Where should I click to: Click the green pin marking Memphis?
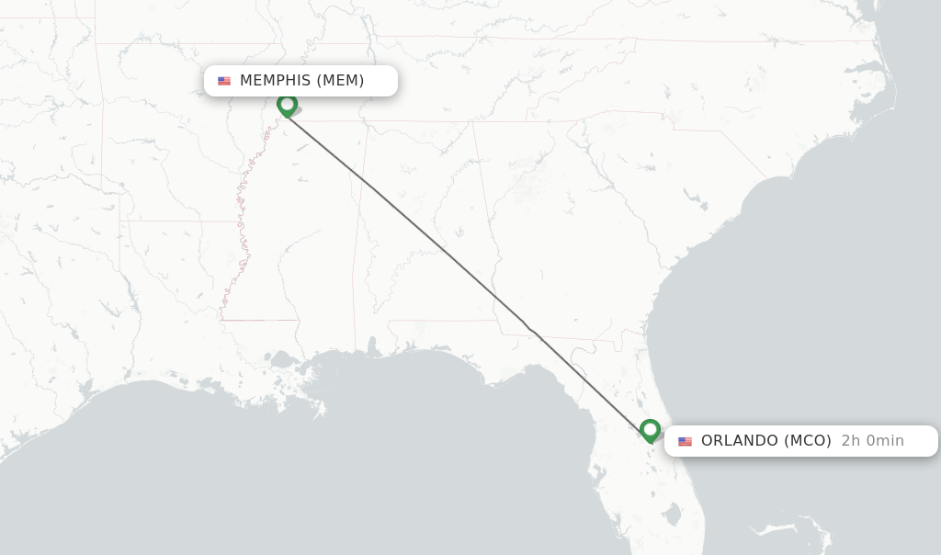(287, 105)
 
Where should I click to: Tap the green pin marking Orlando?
(650, 429)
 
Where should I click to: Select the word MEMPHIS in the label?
(276, 81)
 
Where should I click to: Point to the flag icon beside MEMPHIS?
(224, 81)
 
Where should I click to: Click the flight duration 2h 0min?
(872, 441)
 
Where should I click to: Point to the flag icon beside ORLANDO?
(685, 441)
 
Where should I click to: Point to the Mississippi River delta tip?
(320, 410)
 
